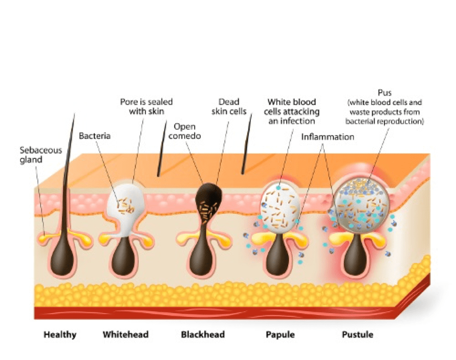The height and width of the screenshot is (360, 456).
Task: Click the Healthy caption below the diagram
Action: click(x=60, y=335)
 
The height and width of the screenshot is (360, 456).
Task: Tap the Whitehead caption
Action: click(x=126, y=334)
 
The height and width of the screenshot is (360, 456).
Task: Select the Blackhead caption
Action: click(x=203, y=334)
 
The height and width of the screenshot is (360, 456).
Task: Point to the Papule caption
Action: click(x=280, y=335)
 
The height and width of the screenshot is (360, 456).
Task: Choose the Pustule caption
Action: click(x=357, y=334)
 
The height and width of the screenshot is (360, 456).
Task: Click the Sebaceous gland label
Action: click(x=41, y=155)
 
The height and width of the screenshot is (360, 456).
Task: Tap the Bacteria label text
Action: click(x=94, y=136)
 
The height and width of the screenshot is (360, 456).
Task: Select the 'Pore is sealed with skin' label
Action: click(x=146, y=107)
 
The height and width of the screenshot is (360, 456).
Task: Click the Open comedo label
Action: click(x=184, y=131)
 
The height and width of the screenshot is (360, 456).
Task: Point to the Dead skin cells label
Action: click(x=229, y=107)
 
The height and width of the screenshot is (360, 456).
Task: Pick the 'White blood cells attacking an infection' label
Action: click(x=291, y=111)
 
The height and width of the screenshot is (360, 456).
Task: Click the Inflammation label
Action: click(x=327, y=137)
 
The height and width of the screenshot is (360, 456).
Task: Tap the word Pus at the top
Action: click(x=384, y=93)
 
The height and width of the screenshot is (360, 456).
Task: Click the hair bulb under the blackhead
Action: click(x=201, y=258)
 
